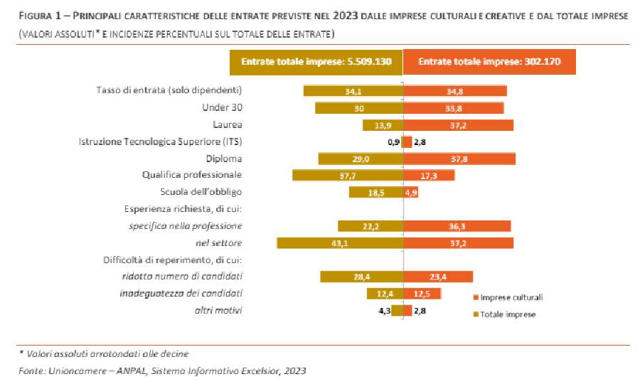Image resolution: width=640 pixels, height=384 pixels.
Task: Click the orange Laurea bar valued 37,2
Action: pyautogui.click(x=458, y=125)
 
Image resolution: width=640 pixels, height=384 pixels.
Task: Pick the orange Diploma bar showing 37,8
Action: pyautogui.click(x=459, y=159)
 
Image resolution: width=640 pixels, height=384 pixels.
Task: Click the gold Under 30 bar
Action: pyautogui.click(x=358, y=108)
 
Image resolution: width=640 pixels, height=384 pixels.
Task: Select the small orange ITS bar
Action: pyautogui.click(x=407, y=142)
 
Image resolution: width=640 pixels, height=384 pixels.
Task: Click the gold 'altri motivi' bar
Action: pyautogui.click(x=397, y=310)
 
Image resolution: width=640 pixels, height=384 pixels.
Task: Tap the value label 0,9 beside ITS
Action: pyautogui.click(x=392, y=142)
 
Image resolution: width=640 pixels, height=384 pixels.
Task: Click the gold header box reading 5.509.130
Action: pyautogui.click(x=316, y=62)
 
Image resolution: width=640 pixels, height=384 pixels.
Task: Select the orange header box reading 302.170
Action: pyautogui.click(x=489, y=62)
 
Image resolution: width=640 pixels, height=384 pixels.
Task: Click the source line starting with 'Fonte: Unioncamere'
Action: pyautogui.click(x=161, y=370)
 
